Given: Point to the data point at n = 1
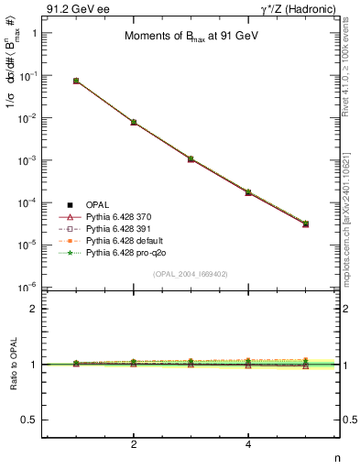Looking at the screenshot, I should [x=76, y=81].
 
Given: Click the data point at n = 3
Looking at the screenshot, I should [x=191, y=158].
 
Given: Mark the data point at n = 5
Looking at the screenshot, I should [x=305, y=224].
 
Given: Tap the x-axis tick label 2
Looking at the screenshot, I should [x=134, y=444].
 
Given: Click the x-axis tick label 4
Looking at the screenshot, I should [x=248, y=444].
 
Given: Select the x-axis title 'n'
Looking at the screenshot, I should [x=336, y=457].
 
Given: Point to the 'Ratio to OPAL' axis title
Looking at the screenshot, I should [x=12, y=365].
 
